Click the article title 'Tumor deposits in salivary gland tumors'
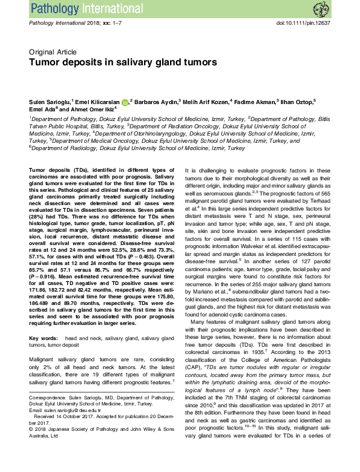pyautogui.click(x=115, y=62)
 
